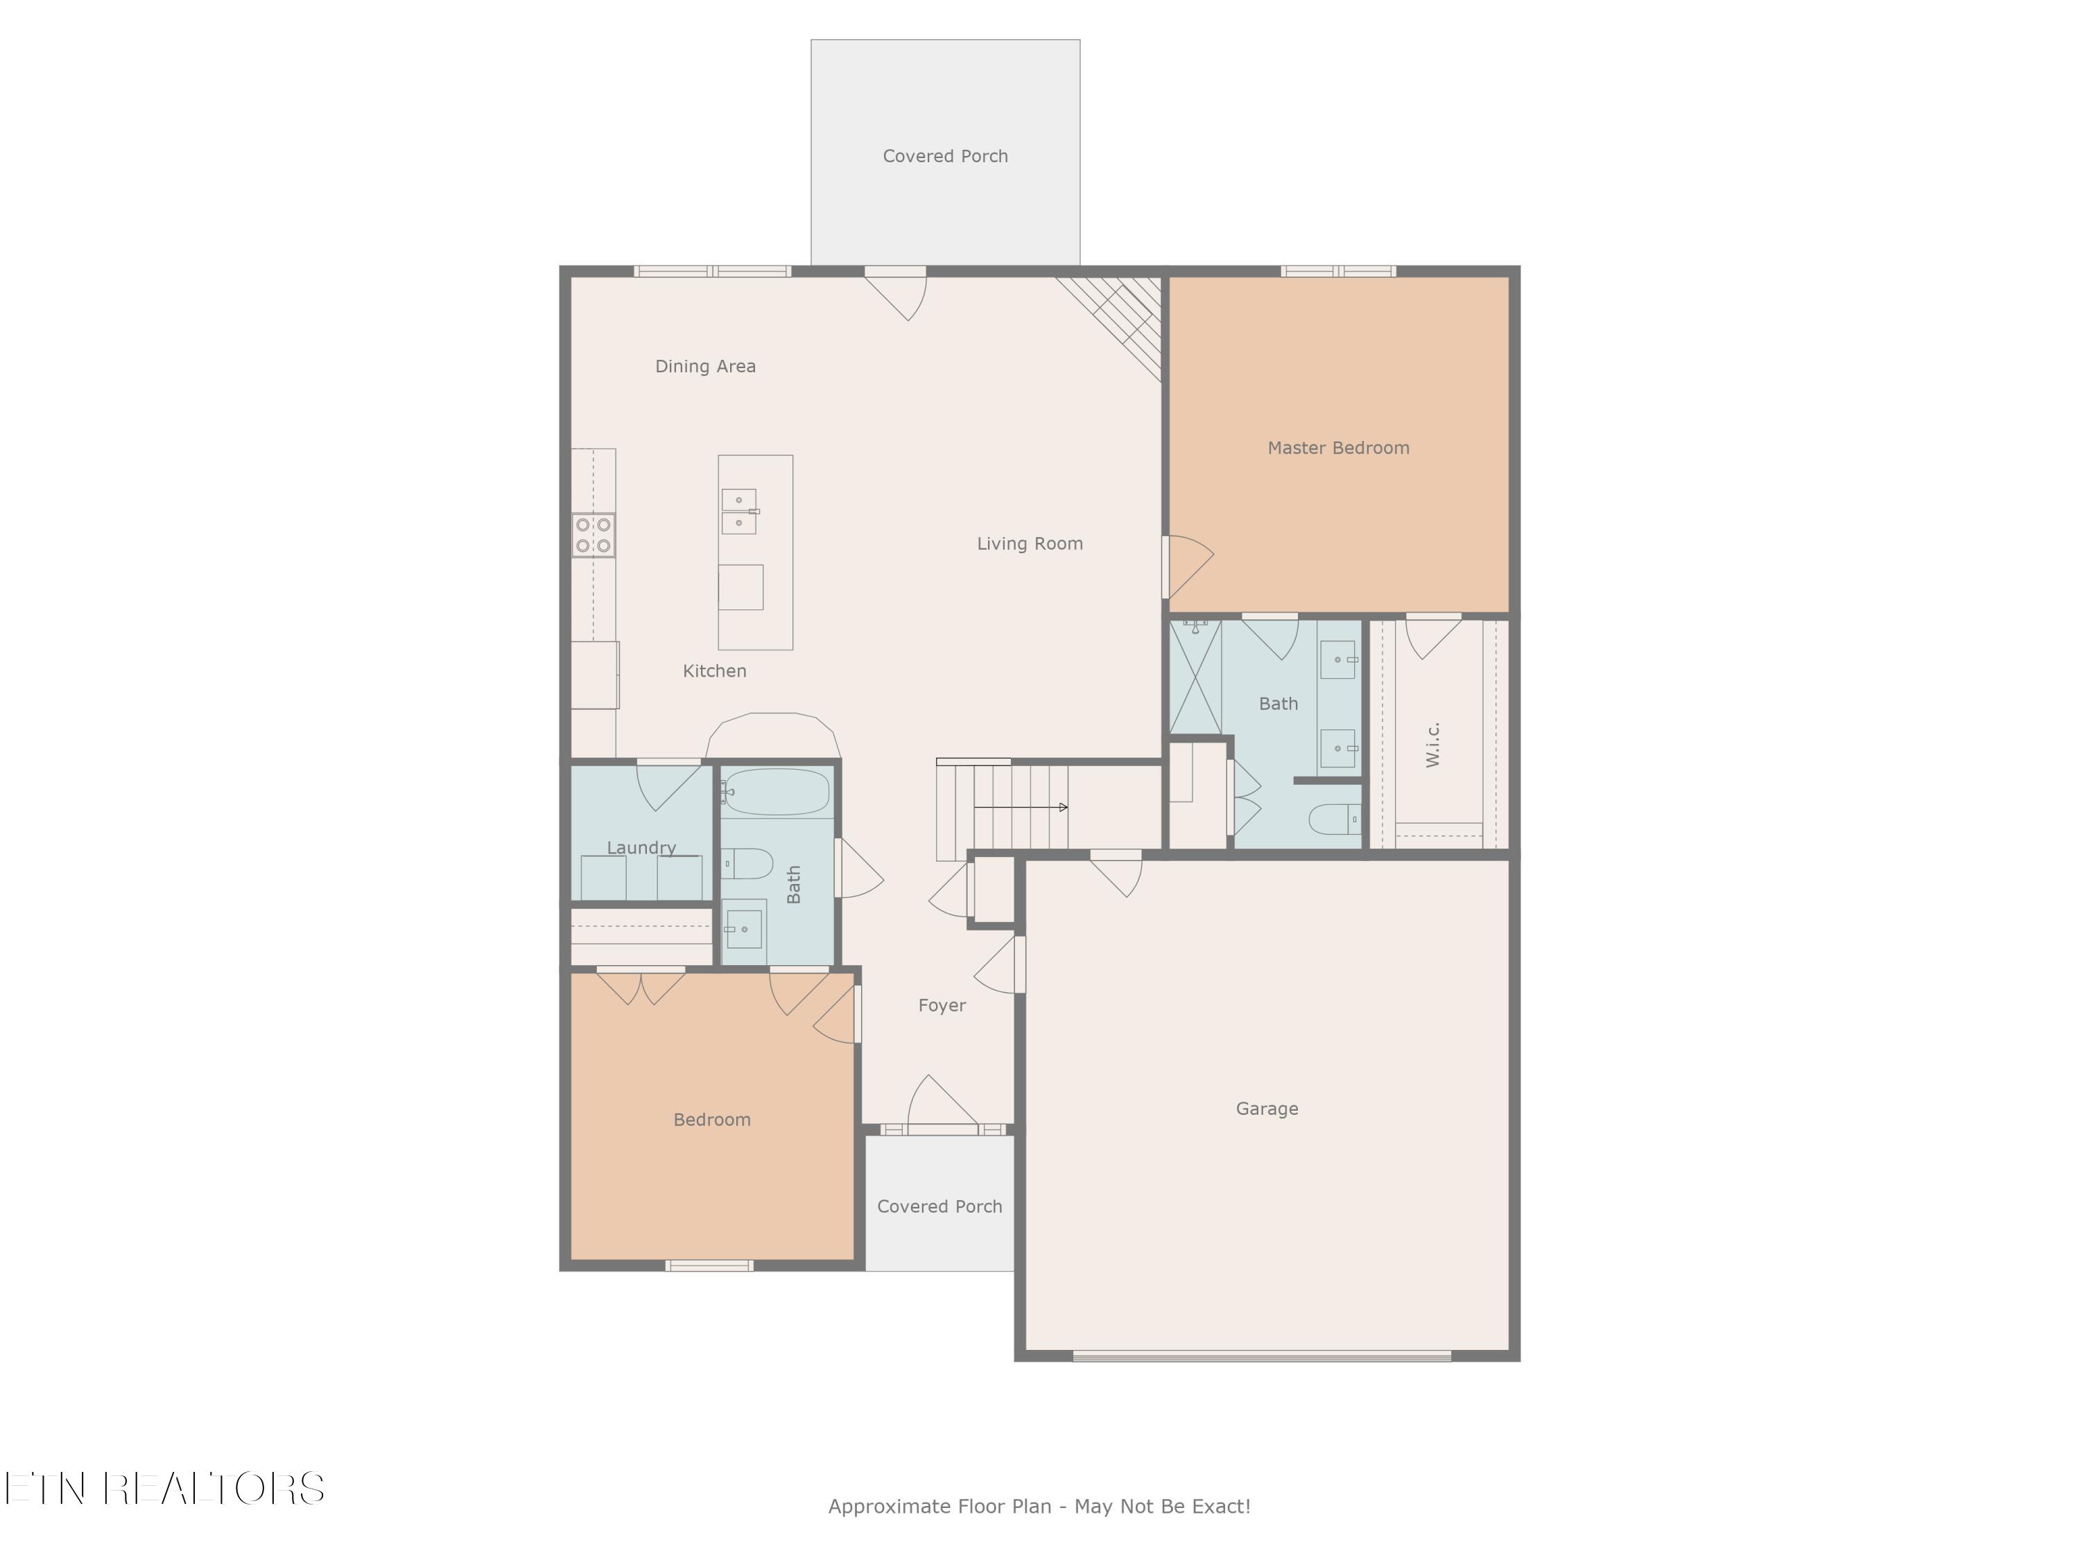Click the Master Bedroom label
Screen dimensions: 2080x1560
(x=1338, y=449)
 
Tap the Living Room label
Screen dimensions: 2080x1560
(x=1030, y=544)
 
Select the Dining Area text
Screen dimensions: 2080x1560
(x=705, y=367)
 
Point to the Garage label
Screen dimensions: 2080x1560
(x=1267, y=1109)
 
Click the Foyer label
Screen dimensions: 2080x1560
(x=942, y=1006)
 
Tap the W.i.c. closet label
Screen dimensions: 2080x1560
(x=1433, y=745)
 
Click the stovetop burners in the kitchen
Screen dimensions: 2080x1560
(x=593, y=535)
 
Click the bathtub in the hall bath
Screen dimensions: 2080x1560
(x=777, y=792)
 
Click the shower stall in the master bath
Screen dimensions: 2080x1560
(x=1195, y=676)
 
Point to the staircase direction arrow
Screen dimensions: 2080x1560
(x=1021, y=807)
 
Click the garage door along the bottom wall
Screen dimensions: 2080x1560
(x=1262, y=1356)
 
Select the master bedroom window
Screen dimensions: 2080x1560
(x=1338, y=272)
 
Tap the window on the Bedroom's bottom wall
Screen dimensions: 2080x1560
(x=709, y=1265)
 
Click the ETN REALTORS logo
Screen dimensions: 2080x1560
(x=164, y=1489)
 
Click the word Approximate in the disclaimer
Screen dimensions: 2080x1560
(x=890, y=1507)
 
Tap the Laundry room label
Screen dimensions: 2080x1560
(x=641, y=848)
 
